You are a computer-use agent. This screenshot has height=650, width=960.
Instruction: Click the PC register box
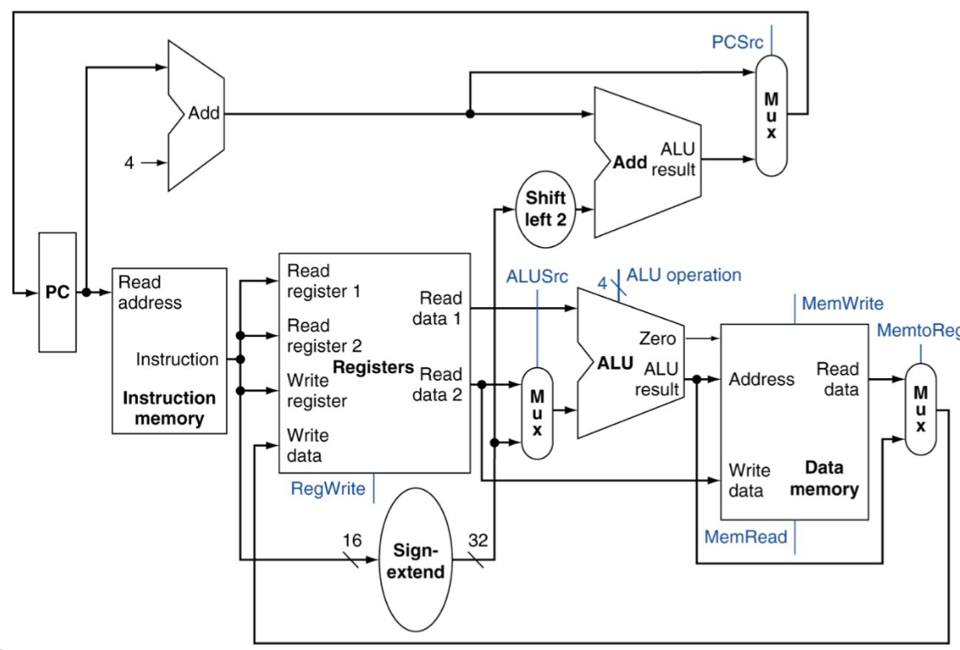click(57, 292)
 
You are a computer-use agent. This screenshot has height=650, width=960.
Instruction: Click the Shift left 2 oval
click(546, 209)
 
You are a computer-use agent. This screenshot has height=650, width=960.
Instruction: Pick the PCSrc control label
click(737, 42)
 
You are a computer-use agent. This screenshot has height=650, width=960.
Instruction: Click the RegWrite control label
click(328, 489)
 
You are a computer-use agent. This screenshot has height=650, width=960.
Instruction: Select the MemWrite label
click(843, 304)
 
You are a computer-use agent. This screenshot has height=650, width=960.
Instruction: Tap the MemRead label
click(746, 538)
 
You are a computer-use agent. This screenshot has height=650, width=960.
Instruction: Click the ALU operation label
click(684, 275)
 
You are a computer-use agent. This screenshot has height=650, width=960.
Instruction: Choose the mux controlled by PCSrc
click(771, 116)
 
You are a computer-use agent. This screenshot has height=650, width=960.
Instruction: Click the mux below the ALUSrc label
click(537, 413)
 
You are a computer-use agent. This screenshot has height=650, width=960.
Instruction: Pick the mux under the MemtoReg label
click(921, 408)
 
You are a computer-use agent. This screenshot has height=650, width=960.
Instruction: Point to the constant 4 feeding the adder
click(129, 162)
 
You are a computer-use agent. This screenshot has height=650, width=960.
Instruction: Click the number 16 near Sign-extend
click(352, 541)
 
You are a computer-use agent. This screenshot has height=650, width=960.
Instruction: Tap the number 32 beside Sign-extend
click(478, 541)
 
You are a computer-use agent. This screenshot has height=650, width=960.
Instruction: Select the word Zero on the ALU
click(657, 339)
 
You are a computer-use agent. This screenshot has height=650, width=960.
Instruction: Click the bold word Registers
click(373, 368)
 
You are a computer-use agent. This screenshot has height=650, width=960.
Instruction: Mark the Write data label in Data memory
click(749, 480)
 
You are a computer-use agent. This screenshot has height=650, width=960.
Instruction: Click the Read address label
click(149, 292)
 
